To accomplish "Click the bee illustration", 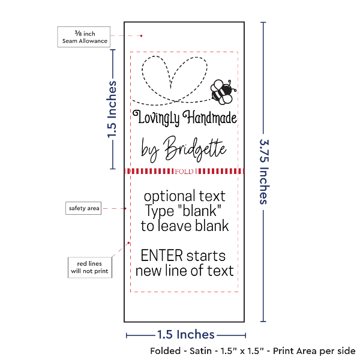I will pyautogui.click(x=221, y=90).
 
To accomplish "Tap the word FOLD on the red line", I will pyautogui.click(x=185, y=172).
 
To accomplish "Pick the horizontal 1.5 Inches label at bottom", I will pyautogui.click(x=185, y=334).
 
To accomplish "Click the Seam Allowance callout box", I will pyautogui.click(x=83, y=36).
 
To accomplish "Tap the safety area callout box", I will pyautogui.click(x=83, y=208).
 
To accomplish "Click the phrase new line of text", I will pyautogui.click(x=184, y=271).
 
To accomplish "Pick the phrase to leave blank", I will pyautogui.click(x=185, y=226).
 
